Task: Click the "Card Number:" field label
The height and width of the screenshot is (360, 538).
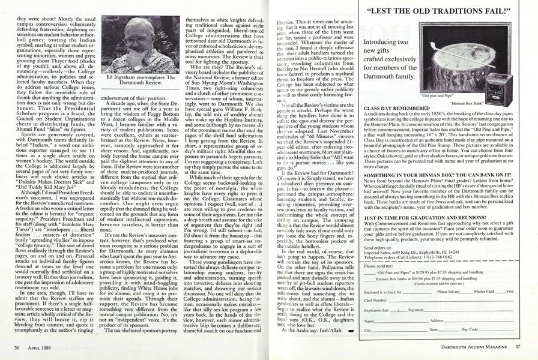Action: [x=376, y=299]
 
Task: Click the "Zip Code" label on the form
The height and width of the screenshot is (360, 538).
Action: [x=470, y=329]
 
